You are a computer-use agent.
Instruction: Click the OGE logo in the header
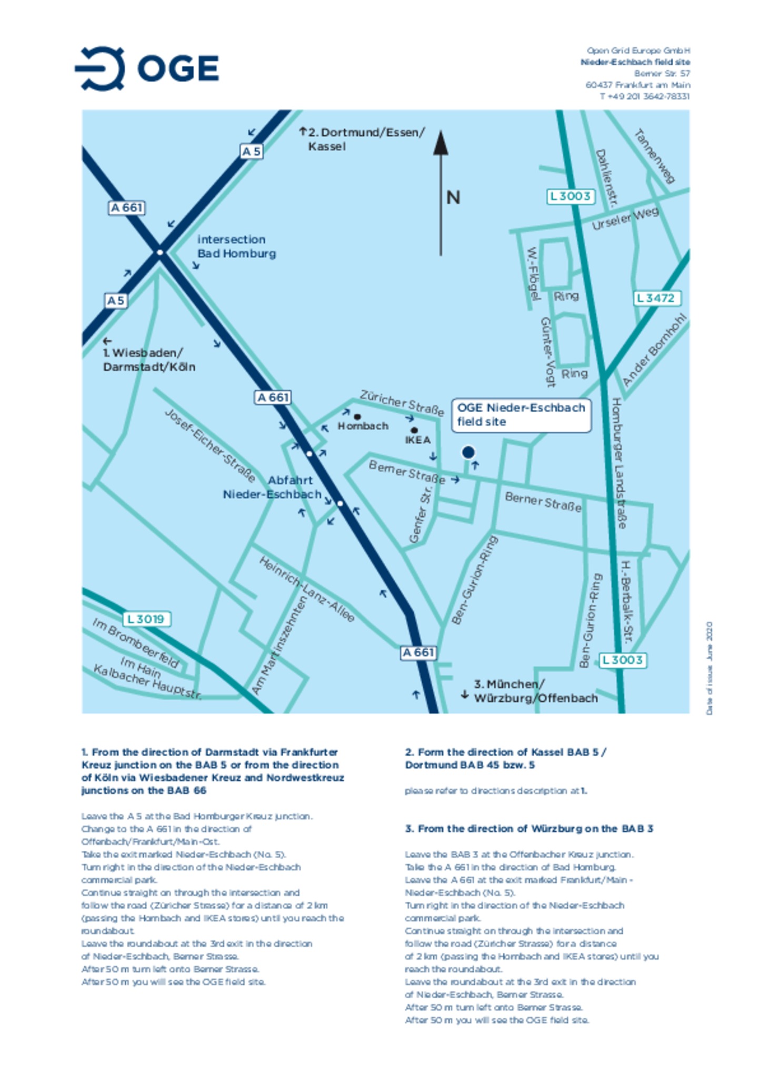pos(147,68)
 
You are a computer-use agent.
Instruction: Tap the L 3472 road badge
pos(656,298)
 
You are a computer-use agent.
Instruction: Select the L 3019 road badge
pos(146,619)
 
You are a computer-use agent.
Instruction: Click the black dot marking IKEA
pos(414,430)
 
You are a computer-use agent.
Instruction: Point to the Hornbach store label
pos(363,425)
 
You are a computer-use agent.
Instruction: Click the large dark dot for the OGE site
pos(468,452)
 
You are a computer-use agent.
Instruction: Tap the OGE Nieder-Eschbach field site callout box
pos(521,415)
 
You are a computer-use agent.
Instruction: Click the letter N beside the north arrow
pos(453,198)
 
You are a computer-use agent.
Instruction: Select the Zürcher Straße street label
pos(402,403)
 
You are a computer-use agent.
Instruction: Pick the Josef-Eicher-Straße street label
pos(210,445)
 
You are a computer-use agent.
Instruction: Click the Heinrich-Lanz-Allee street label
pos(306,589)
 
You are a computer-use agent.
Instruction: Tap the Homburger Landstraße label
pos(619,463)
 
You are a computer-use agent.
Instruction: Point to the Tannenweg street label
pos(654,156)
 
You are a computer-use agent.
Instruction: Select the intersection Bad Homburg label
pos(236,246)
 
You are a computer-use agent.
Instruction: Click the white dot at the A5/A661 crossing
pos(159,252)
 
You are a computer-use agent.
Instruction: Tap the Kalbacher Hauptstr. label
pos(147,682)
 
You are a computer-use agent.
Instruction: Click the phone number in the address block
pos(644,96)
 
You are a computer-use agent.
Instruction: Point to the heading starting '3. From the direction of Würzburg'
pos(528,829)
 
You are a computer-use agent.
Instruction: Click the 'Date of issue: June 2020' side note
pos(709,668)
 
